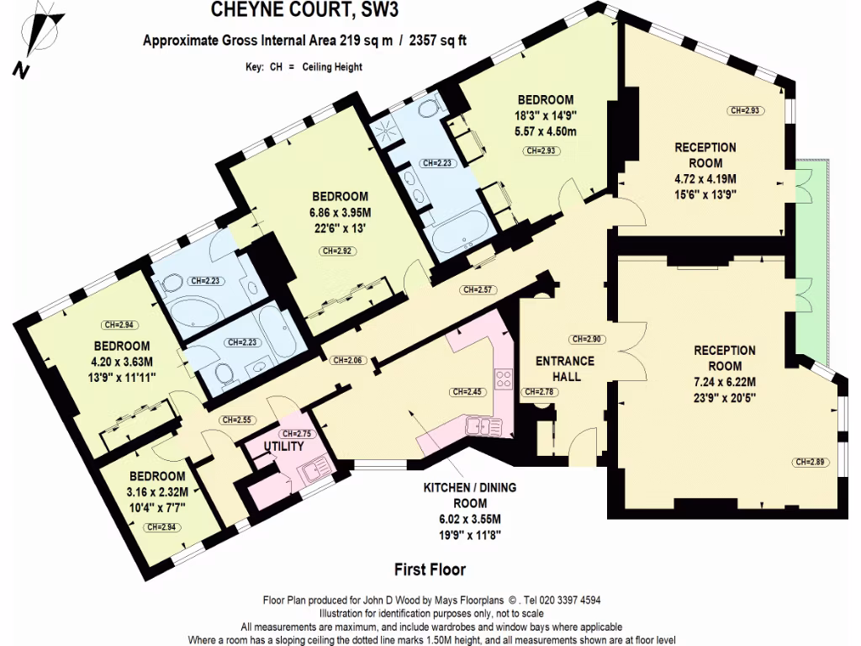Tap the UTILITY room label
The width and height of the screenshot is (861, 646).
[284, 446]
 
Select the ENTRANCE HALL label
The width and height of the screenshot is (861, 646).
[565, 368]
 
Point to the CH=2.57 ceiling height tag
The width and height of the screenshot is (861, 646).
[475, 290]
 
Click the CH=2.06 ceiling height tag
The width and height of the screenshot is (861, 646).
[346, 361]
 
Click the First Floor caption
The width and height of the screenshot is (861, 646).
[430, 570]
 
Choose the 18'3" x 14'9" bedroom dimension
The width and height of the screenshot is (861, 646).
[545, 115]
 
